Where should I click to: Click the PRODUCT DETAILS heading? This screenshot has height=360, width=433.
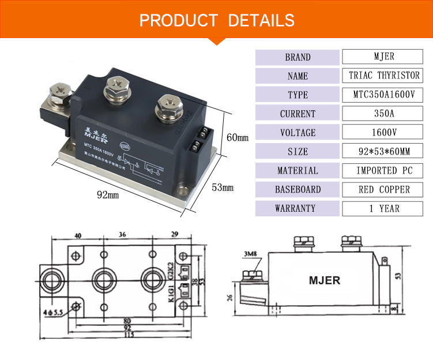pyautogui.click(x=217, y=21)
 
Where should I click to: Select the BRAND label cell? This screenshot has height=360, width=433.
pyautogui.click(x=298, y=57)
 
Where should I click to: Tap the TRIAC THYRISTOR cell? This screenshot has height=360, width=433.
pyautogui.click(x=384, y=76)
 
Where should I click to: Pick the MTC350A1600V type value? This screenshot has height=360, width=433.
pyautogui.click(x=384, y=95)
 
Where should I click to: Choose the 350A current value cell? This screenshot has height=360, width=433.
pyautogui.click(x=384, y=114)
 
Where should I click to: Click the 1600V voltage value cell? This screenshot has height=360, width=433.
pyautogui.click(x=384, y=133)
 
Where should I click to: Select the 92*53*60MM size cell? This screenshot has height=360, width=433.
pyautogui.click(x=384, y=152)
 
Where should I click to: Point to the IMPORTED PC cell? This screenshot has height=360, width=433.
pyautogui.click(x=384, y=171)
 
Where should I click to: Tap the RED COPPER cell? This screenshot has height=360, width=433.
pyautogui.click(x=384, y=189)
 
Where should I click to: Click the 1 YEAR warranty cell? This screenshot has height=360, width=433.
pyautogui.click(x=384, y=208)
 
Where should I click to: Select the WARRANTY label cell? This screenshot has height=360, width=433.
pyautogui.click(x=298, y=208)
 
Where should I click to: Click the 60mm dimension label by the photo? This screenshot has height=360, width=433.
pyautogui.click(x=237, y=138)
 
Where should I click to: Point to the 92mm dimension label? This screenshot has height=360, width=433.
pyautogui.click(x=107, y=195)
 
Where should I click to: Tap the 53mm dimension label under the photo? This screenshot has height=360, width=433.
pyautogui.click(x=223, y=187)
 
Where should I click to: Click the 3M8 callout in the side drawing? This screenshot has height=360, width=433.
pyautogui.click(x=250, y=253)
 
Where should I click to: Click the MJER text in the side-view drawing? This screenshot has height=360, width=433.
pyautogui.click(x=325, y=281)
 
